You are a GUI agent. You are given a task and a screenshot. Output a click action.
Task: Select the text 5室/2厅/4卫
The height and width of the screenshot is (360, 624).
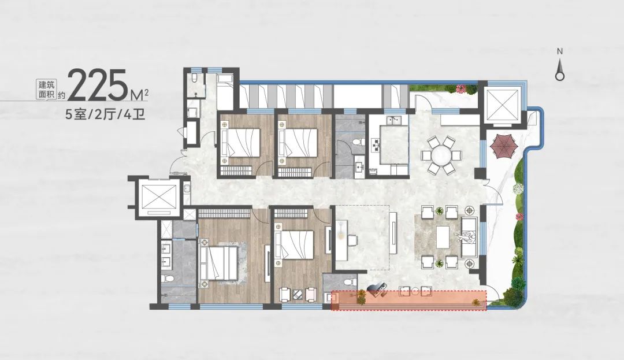105,114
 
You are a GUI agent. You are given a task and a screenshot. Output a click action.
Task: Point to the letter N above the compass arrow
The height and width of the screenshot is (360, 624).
560,51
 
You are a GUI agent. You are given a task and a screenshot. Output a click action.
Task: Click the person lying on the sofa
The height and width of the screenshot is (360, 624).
467,237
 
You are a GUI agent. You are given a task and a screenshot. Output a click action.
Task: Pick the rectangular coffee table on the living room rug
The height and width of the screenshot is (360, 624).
443,237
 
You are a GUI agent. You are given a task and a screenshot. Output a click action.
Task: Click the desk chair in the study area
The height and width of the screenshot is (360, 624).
352,240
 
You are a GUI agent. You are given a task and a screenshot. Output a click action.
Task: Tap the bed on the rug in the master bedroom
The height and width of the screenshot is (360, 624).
220,263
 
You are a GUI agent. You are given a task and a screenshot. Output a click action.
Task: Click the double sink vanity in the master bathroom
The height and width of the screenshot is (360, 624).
166,255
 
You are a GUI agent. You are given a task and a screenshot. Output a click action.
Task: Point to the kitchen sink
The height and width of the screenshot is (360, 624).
396,120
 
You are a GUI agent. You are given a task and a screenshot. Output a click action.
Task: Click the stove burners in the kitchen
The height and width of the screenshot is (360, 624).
376,144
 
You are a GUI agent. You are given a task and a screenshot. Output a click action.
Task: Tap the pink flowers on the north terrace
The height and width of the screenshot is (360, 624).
462,88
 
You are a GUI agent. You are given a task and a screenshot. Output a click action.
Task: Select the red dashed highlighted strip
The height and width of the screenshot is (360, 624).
408,300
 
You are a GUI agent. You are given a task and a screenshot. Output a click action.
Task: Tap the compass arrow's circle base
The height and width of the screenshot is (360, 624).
560,76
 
